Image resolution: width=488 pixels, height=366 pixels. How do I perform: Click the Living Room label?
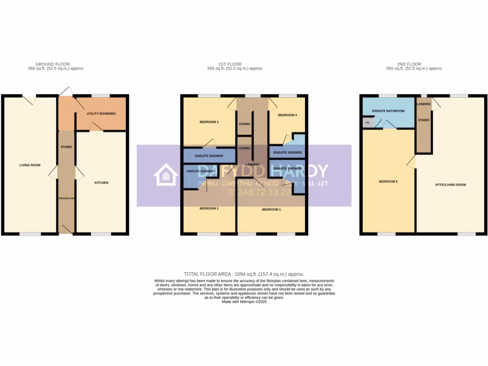pos(30,165)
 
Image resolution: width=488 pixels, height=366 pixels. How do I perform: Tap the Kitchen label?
pos(102,183)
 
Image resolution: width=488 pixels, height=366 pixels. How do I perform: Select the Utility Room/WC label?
pos(101,114)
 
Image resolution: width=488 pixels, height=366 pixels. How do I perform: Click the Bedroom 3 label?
pos(209,122)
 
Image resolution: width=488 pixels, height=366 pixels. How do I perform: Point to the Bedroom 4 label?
pos(287,115)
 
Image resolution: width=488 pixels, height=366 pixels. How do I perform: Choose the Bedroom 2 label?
pos(209,209)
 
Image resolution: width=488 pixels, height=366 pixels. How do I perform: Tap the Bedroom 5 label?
pos(388,182)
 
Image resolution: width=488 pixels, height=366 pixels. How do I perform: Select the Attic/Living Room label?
pos(451,184)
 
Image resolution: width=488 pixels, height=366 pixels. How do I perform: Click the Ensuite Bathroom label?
pos(388,111)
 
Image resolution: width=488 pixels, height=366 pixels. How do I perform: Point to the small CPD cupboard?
pos(367,123)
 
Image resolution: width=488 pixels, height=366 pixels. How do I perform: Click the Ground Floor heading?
pos(52,64)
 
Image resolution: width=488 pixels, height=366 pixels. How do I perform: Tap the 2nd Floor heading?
pos(409,64)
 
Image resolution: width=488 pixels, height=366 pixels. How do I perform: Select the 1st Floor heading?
pos(230,64)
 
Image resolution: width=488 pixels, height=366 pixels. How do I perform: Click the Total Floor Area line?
pos(244,274)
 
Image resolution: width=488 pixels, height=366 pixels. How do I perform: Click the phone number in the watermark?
pos(260,193)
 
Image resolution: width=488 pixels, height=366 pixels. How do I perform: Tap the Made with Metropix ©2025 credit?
pos(244,302)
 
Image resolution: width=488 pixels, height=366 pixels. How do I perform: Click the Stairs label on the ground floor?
pos(66,147)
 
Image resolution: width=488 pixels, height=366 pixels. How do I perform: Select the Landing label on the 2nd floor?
pos(423,104)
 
